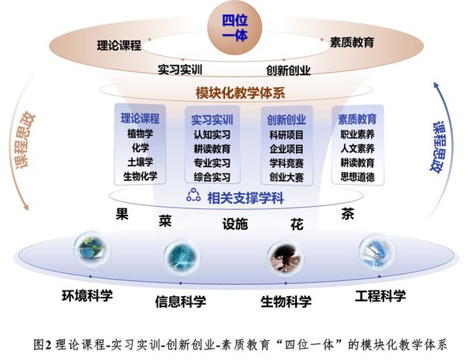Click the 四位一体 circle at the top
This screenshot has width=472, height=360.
tap(234, 28)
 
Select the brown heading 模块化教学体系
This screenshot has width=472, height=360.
tap(240, 92)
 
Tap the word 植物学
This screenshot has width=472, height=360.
tap(140, 133)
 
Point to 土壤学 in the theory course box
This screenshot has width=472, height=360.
tap(140, 162)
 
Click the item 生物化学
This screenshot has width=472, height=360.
tap(140, 176)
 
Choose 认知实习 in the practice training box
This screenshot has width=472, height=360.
tap(212, 134)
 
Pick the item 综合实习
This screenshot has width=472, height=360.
tap(212, 177)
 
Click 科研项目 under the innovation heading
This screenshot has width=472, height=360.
tap(287, 135)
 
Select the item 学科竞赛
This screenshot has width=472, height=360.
tap(287, 163)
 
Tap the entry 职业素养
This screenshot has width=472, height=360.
tap(358, 134)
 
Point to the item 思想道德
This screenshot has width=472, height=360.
tap(358, 177)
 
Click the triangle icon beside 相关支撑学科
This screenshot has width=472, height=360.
tap(193, 195)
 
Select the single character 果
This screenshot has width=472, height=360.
tap(122, 214)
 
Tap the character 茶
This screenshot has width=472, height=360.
tap(347, 214)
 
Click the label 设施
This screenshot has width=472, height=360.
tap(235, 224)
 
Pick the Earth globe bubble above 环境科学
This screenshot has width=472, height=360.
tap(92, 249)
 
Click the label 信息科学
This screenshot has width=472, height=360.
tap(181, 302)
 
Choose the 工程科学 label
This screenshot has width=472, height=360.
tap(380, 296)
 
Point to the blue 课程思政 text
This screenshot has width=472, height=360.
tap(439, 147)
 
